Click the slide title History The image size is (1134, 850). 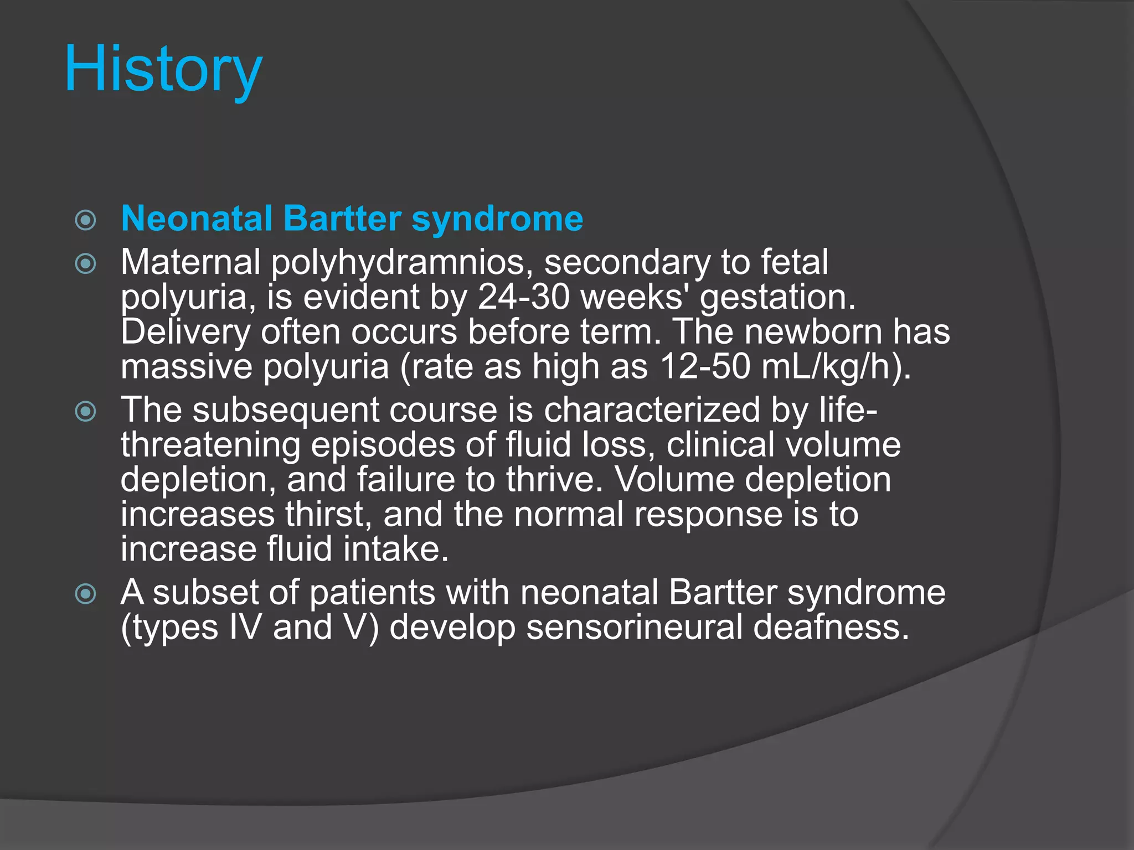click(x=163, y=70)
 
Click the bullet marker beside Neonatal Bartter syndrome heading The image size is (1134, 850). click(x=85, y=220)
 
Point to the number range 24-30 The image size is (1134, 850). click(x=523, y=297)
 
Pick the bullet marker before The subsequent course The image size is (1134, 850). click(x=85, y=411)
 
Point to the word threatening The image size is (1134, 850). click(x=210, y=445)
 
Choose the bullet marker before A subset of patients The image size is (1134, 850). click(x=85, y=594)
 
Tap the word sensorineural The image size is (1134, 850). click(x=634, y=628)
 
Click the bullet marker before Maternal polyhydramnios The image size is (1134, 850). click(x=85, y=263)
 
